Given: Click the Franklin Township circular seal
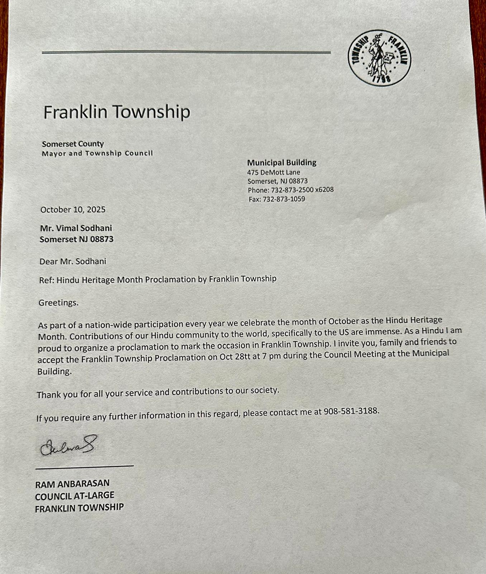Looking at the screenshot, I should click(379, 58).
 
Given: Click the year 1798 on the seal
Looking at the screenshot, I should click(381, 79).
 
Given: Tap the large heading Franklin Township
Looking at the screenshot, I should click(116, 112).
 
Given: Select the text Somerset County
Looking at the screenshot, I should click(73, 144).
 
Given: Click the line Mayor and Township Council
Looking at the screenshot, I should click(97, 154).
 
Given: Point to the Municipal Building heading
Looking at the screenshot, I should click(282, 163).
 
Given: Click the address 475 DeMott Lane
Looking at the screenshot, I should click(273, 172).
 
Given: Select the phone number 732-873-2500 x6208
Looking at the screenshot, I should click(302, 190).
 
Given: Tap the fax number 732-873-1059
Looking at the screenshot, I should click(283, 199).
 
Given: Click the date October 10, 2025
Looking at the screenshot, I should click(73, 210).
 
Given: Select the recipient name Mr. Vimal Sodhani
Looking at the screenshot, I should click(76, 228).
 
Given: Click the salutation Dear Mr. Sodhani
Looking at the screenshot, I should click(73, 262).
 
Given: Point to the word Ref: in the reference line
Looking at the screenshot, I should click(46, 280).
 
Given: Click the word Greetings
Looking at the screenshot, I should click(58, 303).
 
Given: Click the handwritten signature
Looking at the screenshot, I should click(68, 446).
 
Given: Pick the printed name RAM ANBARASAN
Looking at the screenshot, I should click(72, 484).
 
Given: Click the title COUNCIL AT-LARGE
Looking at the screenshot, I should click(75, 496).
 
